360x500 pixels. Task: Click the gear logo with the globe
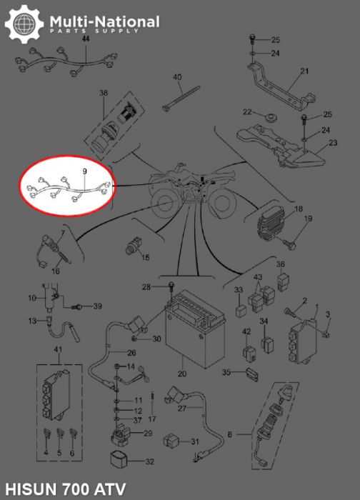[24, 24]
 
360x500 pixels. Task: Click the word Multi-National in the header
[105, 21]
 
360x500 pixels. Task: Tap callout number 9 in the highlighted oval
[84, 171]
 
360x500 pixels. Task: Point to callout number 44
[86, 39]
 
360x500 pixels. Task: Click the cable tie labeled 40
[181, 99]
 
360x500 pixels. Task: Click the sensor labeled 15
[133, 246]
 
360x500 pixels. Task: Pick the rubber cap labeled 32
[119, 460]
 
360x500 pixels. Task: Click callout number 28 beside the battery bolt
[146, 287]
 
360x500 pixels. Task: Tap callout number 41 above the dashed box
[58, 349]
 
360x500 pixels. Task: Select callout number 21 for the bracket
[305, 71]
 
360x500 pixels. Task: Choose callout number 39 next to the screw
[97, 306]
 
